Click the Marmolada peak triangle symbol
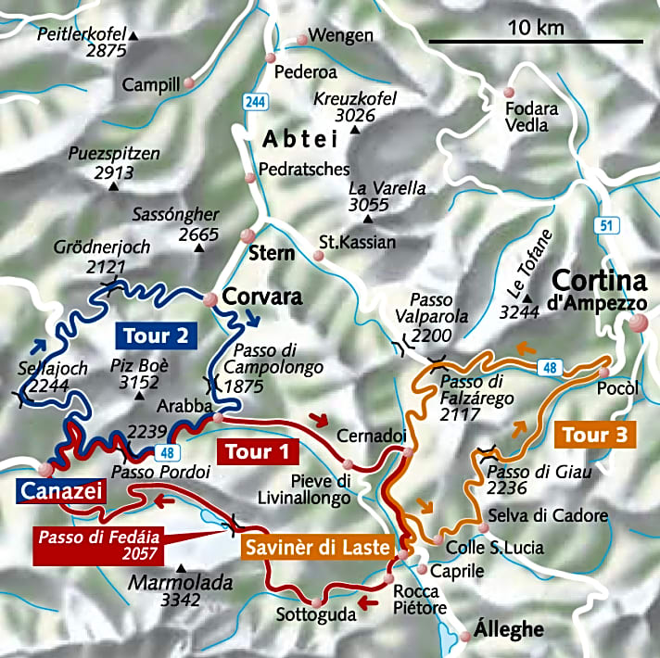pyautogui.click(x=180, y=568)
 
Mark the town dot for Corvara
pyautogui.click(x=210, y=298)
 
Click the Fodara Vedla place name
pyautogui.click(x=532, y=117)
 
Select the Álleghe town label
pyautogui.click(x=508, y=630)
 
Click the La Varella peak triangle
pyautogui.click(x=369, y=220)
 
